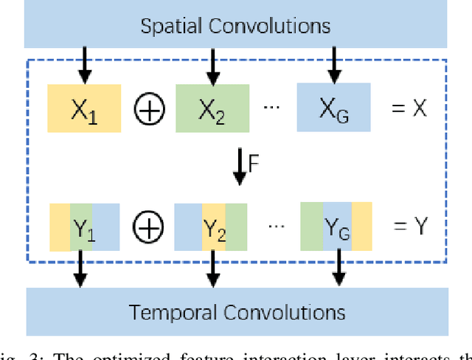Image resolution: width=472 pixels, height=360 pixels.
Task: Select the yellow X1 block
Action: tap(84, 108)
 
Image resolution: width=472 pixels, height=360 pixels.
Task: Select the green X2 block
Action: tap(212, 108)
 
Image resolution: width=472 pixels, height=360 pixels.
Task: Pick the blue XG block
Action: tap(334, 108)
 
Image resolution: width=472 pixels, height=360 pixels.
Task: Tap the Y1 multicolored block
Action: tap(84, 227)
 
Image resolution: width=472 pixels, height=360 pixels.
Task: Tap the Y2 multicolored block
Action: tap(211, 227)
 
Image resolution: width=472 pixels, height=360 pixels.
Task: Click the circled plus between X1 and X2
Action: tap(149, 109)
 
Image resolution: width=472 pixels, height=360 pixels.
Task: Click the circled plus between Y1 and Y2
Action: tap(149, 228)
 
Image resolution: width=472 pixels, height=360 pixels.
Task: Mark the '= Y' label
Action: tap(409, 226)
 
